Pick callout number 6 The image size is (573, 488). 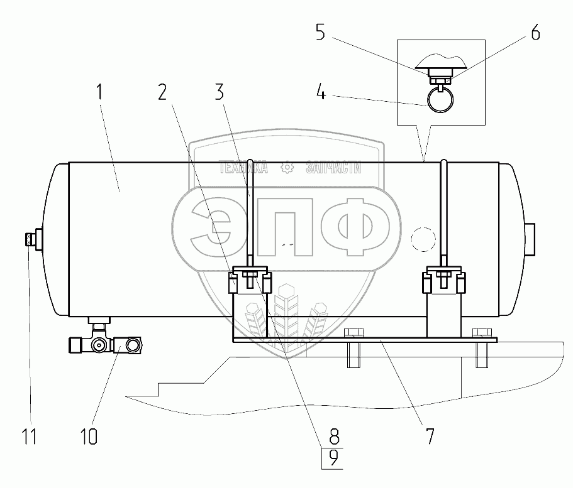click(x=535, y=33)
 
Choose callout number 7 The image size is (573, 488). click(x=430, y=436)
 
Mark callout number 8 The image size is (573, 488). click(x=334, y=436)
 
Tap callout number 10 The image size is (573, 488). click(x=88, y=436)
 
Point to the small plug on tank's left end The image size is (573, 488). click(x=28, y=239)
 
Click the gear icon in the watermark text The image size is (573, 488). click(x=287, y=168)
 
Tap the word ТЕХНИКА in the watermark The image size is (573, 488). click(x=243, y=168)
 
